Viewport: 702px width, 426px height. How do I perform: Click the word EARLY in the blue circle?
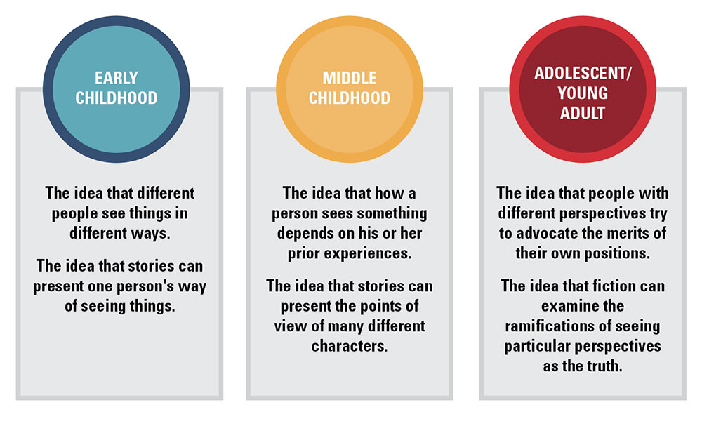pyautogui.click(x=117, y=78)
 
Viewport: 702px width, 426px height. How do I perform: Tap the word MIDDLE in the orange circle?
pyautogui.click(x=349, y=78)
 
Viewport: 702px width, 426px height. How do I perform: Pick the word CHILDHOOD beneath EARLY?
pyautogui.click(x=117, y=98)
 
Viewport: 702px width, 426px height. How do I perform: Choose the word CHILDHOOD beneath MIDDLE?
pyautogui.click(x=350, y=98)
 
